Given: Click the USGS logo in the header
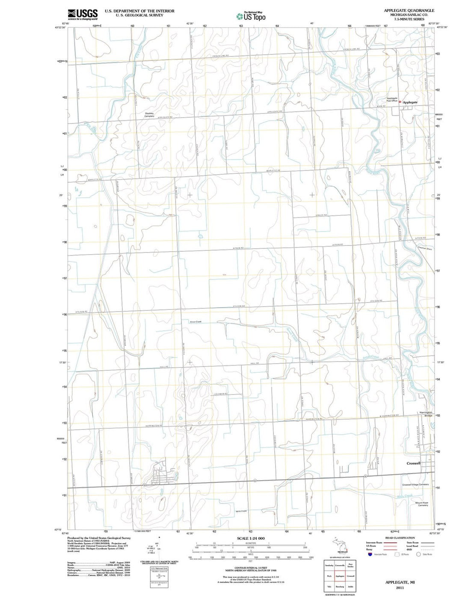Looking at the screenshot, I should coord(83,15).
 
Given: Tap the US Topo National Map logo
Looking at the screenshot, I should coord(251,16).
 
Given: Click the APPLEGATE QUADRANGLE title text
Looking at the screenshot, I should coord(409,10).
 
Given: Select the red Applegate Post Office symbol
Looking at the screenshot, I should coord(400,102).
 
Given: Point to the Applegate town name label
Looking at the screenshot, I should coord(410,102).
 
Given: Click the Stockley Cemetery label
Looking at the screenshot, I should coord(149,115).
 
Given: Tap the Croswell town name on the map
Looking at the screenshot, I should coord(413,463).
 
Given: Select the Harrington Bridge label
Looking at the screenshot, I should coord(426,414).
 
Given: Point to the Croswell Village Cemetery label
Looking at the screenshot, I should coord(415,484).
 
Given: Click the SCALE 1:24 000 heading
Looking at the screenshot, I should coord(251,538).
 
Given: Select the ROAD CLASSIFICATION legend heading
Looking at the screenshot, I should coord(400,538).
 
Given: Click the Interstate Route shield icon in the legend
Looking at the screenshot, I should coord(370,554).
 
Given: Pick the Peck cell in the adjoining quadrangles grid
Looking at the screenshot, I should coord(329,576).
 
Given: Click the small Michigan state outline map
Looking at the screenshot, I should coord(340,547).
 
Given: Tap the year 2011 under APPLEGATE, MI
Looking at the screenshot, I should coord(400,588).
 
